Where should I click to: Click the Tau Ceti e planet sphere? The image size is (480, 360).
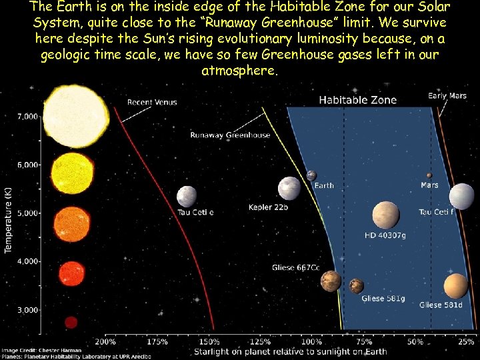[187, 197]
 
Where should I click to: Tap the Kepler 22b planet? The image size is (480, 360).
[289, 189]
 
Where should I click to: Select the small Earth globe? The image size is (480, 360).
[311, 176]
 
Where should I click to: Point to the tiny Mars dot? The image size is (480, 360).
[429, 176]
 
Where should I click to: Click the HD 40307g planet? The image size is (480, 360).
[385, 215]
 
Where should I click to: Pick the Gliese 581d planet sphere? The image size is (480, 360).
[456, 286]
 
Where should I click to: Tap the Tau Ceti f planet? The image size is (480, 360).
[461, 197]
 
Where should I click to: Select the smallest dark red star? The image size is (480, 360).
[71, 322]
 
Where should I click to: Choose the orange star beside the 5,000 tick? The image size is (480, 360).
[71, 224]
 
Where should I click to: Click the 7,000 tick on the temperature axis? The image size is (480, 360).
[27, 117]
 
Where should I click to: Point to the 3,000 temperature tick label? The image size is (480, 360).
[27, 310]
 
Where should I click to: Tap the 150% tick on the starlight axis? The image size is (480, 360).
[209, 342]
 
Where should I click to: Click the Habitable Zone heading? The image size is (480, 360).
[357, 101]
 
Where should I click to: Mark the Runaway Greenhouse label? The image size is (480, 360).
[230, 135]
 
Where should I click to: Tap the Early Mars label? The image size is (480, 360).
[447, 96]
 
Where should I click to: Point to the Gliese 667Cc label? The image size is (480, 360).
[295, 268]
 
